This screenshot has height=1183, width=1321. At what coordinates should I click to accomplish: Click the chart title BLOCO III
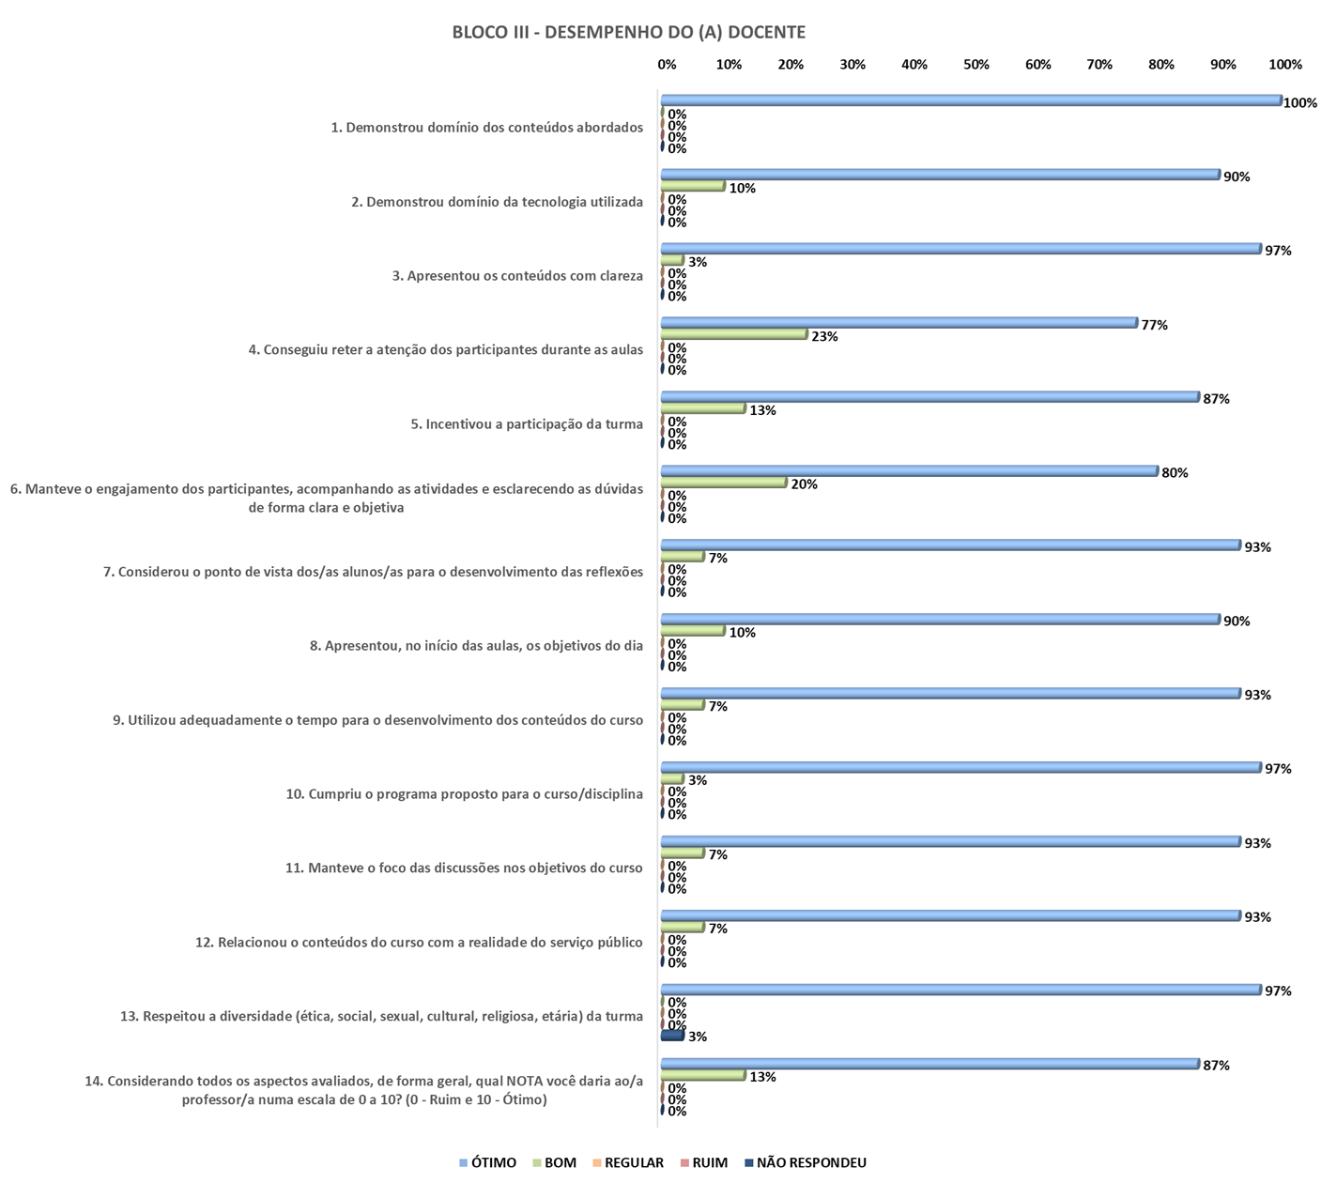[628, 33]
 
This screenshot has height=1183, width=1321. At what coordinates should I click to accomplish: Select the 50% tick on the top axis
[976, 65]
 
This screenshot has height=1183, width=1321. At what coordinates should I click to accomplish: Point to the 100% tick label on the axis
[1285, 65]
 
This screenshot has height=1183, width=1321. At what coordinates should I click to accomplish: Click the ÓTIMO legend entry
[487, 1163]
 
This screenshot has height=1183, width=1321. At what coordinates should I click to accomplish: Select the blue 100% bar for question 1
[971, 100]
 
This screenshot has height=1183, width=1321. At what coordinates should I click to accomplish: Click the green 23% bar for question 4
[734, 334]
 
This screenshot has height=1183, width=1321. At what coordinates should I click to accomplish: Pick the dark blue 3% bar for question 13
[672, 1036]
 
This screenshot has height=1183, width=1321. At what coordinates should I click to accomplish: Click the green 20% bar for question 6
[724, 483]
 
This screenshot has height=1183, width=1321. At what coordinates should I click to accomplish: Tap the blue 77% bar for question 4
[899, 323]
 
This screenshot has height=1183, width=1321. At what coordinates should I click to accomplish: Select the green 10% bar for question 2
[693, 186]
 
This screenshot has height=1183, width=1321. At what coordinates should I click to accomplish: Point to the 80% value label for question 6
[1175, 473]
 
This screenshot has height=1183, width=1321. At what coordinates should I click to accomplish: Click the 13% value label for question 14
[762, 1077]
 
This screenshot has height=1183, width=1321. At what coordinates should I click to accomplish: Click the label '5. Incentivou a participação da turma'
[527, 424]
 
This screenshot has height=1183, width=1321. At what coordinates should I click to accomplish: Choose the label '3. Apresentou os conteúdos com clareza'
[517, 276]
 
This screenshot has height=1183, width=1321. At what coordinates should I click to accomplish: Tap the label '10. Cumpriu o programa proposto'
[464, 794]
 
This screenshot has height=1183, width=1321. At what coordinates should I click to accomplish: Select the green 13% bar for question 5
[703, 408]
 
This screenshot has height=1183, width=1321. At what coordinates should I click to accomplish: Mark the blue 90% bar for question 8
[940, 620]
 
